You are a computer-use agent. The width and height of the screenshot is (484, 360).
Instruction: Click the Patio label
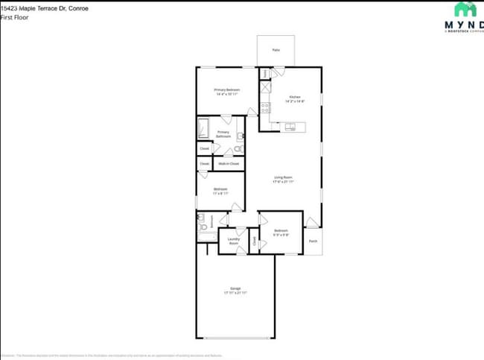point(276,50)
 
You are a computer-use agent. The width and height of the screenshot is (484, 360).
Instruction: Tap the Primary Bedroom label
point(226,89)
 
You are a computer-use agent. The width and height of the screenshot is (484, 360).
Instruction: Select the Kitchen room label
point(295,97)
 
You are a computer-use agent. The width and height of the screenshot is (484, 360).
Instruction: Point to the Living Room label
point(282,177)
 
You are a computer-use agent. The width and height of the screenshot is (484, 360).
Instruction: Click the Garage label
point(235,288)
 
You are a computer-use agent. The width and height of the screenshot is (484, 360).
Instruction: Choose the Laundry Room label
point(233,241)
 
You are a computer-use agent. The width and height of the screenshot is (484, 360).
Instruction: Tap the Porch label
point(313,241)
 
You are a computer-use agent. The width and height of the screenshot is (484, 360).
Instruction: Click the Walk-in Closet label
point(229,163)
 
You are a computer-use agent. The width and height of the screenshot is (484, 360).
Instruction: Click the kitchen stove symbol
point(265,105)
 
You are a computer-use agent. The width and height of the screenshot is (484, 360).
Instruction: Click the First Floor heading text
point(14,16)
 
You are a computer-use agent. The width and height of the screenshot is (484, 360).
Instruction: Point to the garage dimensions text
point(235,293)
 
